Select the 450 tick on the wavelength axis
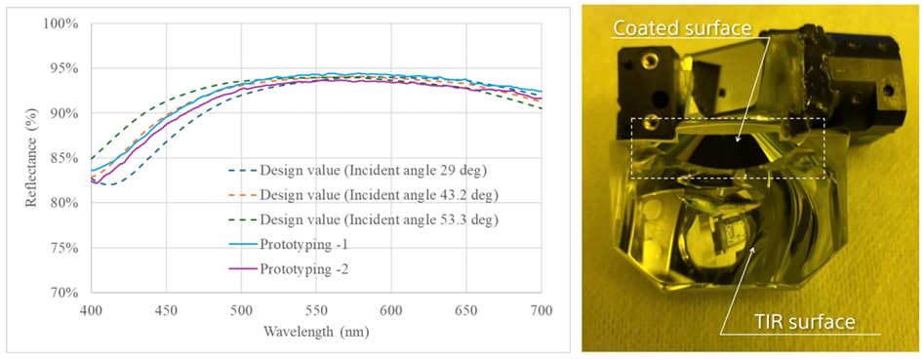166,309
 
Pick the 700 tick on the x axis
541,309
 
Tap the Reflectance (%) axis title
30,158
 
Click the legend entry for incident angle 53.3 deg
364,220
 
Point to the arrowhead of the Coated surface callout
738,141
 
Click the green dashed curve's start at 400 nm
91,158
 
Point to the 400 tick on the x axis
91,309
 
